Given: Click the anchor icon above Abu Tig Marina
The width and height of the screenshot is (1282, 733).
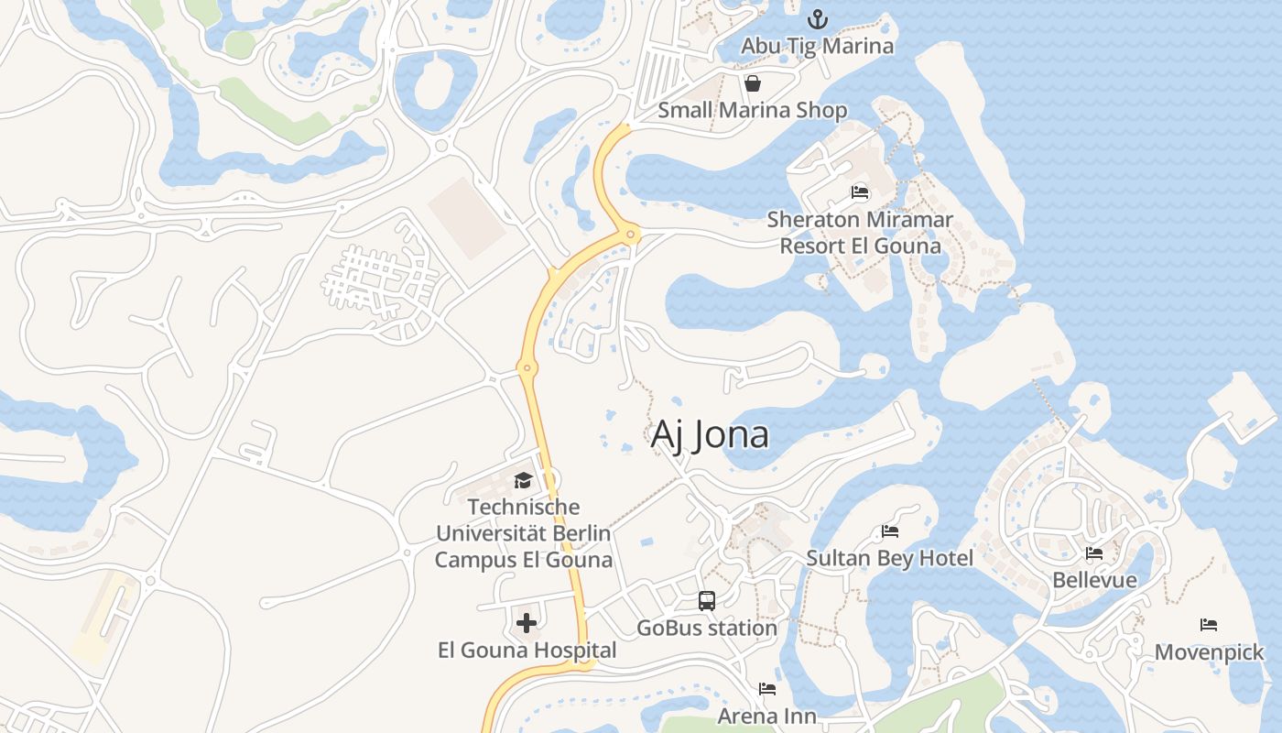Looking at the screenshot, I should [x=817, y=18].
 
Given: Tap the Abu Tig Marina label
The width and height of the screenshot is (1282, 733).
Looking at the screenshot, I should [x=817, y=45].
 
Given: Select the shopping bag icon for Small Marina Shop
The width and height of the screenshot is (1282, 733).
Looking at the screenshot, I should [x=753, y=84].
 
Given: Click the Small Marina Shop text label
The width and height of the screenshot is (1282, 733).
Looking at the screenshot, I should [x=753, y=111].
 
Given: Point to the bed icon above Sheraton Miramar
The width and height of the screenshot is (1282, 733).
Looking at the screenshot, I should [x=860, y=192].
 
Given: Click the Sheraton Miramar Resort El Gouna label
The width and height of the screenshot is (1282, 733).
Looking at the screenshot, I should [x=860, y=233].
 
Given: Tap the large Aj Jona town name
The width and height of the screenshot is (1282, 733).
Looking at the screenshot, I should [x=710, y=434].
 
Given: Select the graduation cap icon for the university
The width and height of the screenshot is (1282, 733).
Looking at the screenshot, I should [x=523, y=480].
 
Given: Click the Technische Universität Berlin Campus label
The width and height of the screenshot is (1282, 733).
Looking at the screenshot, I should [x=523, y=532].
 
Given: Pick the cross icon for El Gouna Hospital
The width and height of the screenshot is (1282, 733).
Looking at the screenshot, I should [x=527, y=624].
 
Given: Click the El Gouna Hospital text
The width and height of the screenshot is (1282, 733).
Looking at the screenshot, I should [x=527, y=651].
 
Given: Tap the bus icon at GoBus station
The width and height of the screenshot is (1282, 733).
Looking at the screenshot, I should [x=706, y=601].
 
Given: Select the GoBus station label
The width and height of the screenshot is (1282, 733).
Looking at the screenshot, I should [x=706, y=628].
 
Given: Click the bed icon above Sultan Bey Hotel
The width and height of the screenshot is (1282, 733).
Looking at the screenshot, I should [x=889, y=531].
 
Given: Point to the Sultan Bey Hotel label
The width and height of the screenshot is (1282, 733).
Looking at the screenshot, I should [x=889, y=558].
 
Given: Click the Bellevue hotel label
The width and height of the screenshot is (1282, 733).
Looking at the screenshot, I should [x=1094, y=580].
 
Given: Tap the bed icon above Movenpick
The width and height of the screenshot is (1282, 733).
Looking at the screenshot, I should [x=1209, y=626].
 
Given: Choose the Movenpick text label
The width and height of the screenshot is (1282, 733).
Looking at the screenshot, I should [x=1209, y=652].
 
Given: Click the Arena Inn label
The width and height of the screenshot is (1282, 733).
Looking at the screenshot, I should [x=766, y=716].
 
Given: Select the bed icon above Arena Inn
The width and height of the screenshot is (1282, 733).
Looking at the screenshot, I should [x=767, y=689].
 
